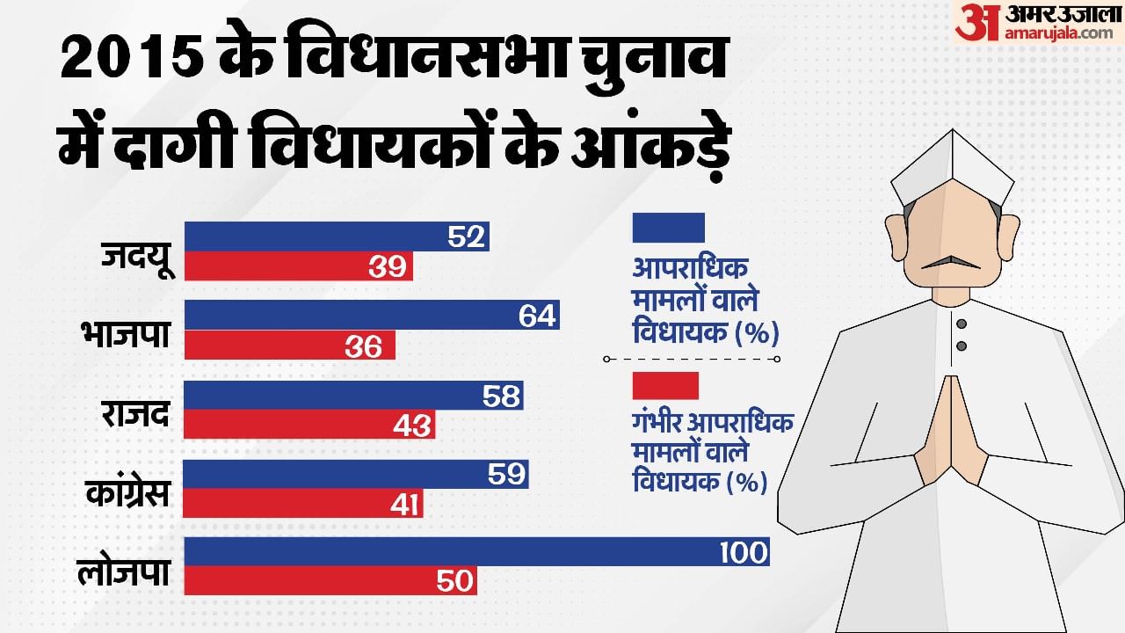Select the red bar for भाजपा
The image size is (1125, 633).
click(x=289, y=346)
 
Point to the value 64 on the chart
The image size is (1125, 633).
click(x=538, y=316)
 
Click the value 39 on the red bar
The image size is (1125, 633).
click(x=388, y=268)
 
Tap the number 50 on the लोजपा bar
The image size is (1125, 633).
click(x=453, y=581)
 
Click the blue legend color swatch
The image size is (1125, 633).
click(x=668, y=228)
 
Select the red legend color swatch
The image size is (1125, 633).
click(x=665, y=386)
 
